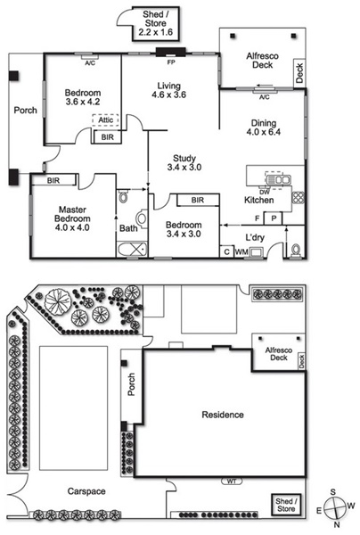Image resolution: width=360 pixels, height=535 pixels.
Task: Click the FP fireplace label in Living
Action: coord(171,62)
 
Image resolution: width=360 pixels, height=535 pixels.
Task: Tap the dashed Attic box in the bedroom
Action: coord(106,120)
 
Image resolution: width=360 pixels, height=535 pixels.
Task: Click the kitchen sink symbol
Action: coord(279,180)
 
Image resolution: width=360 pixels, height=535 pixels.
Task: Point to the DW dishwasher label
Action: coord(264,192)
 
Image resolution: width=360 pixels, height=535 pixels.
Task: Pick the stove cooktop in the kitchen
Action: coord(298,198)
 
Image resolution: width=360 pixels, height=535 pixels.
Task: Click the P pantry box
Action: coord(274,218)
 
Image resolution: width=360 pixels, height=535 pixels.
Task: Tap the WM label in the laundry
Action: coord(241,252)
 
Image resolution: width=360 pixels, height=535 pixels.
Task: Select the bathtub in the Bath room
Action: coord(132,250)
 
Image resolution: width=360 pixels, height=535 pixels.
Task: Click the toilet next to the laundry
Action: coord(295,251)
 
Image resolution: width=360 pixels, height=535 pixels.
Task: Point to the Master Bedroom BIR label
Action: coord(53,180)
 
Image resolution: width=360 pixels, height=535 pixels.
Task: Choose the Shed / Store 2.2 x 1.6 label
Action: coord(155,23)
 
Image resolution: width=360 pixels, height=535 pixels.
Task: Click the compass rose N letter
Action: coord(337,524)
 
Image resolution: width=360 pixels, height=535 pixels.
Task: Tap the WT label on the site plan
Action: coord(232,481)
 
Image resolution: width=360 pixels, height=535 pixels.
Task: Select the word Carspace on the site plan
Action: coord(86,491)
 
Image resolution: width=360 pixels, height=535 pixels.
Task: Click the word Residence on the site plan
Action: coord(223,415)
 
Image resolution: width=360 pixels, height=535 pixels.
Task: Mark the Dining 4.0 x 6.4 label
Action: coord(264,128)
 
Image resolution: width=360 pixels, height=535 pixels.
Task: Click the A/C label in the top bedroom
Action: coord(90,62)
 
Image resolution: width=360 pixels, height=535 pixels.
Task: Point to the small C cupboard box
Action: coord(226,251)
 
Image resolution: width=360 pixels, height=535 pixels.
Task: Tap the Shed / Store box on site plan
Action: coord(286,505)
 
